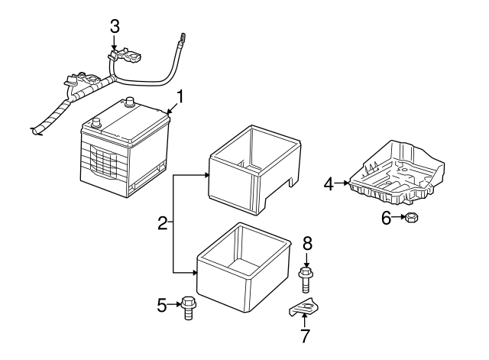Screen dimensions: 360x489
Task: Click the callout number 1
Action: click(180, 96)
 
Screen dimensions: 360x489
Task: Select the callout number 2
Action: click(162, 223)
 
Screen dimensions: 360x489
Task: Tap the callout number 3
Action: click(114, 25)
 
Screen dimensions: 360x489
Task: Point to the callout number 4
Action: click(328, 183)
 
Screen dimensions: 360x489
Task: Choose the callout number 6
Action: click(386, 219)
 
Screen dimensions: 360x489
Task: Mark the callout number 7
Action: click(305, 335)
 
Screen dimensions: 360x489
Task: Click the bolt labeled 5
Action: click(188, 307)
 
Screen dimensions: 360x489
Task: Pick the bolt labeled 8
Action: click(306, 280)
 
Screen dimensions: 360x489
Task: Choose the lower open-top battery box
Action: click(244, 269)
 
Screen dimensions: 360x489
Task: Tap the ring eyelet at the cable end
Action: click(183, 34)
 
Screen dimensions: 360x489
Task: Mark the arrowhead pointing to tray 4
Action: click(349, 183)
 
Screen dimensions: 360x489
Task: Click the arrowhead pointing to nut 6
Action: click(401, 219)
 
